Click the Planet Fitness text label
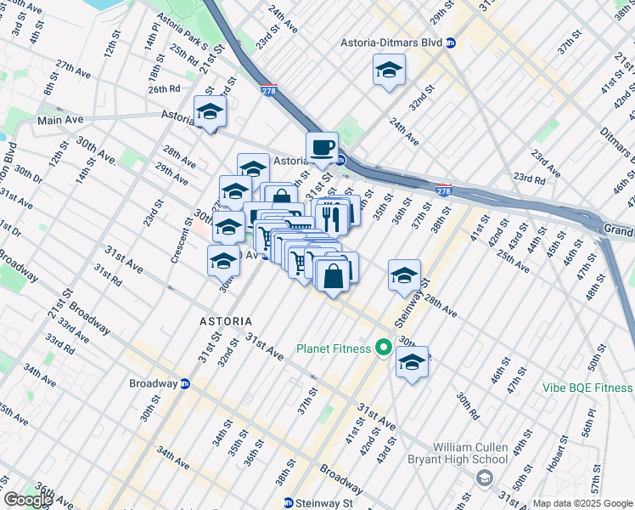[333, 348]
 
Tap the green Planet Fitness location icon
[384, 348]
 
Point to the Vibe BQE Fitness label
[587, 388]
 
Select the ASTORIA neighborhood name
[226, 321]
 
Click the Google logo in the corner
[27, 500]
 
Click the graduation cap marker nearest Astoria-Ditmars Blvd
[389, 71]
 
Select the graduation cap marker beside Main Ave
[210, 112]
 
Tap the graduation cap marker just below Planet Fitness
[412, 363]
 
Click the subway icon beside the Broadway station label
[185, 383]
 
